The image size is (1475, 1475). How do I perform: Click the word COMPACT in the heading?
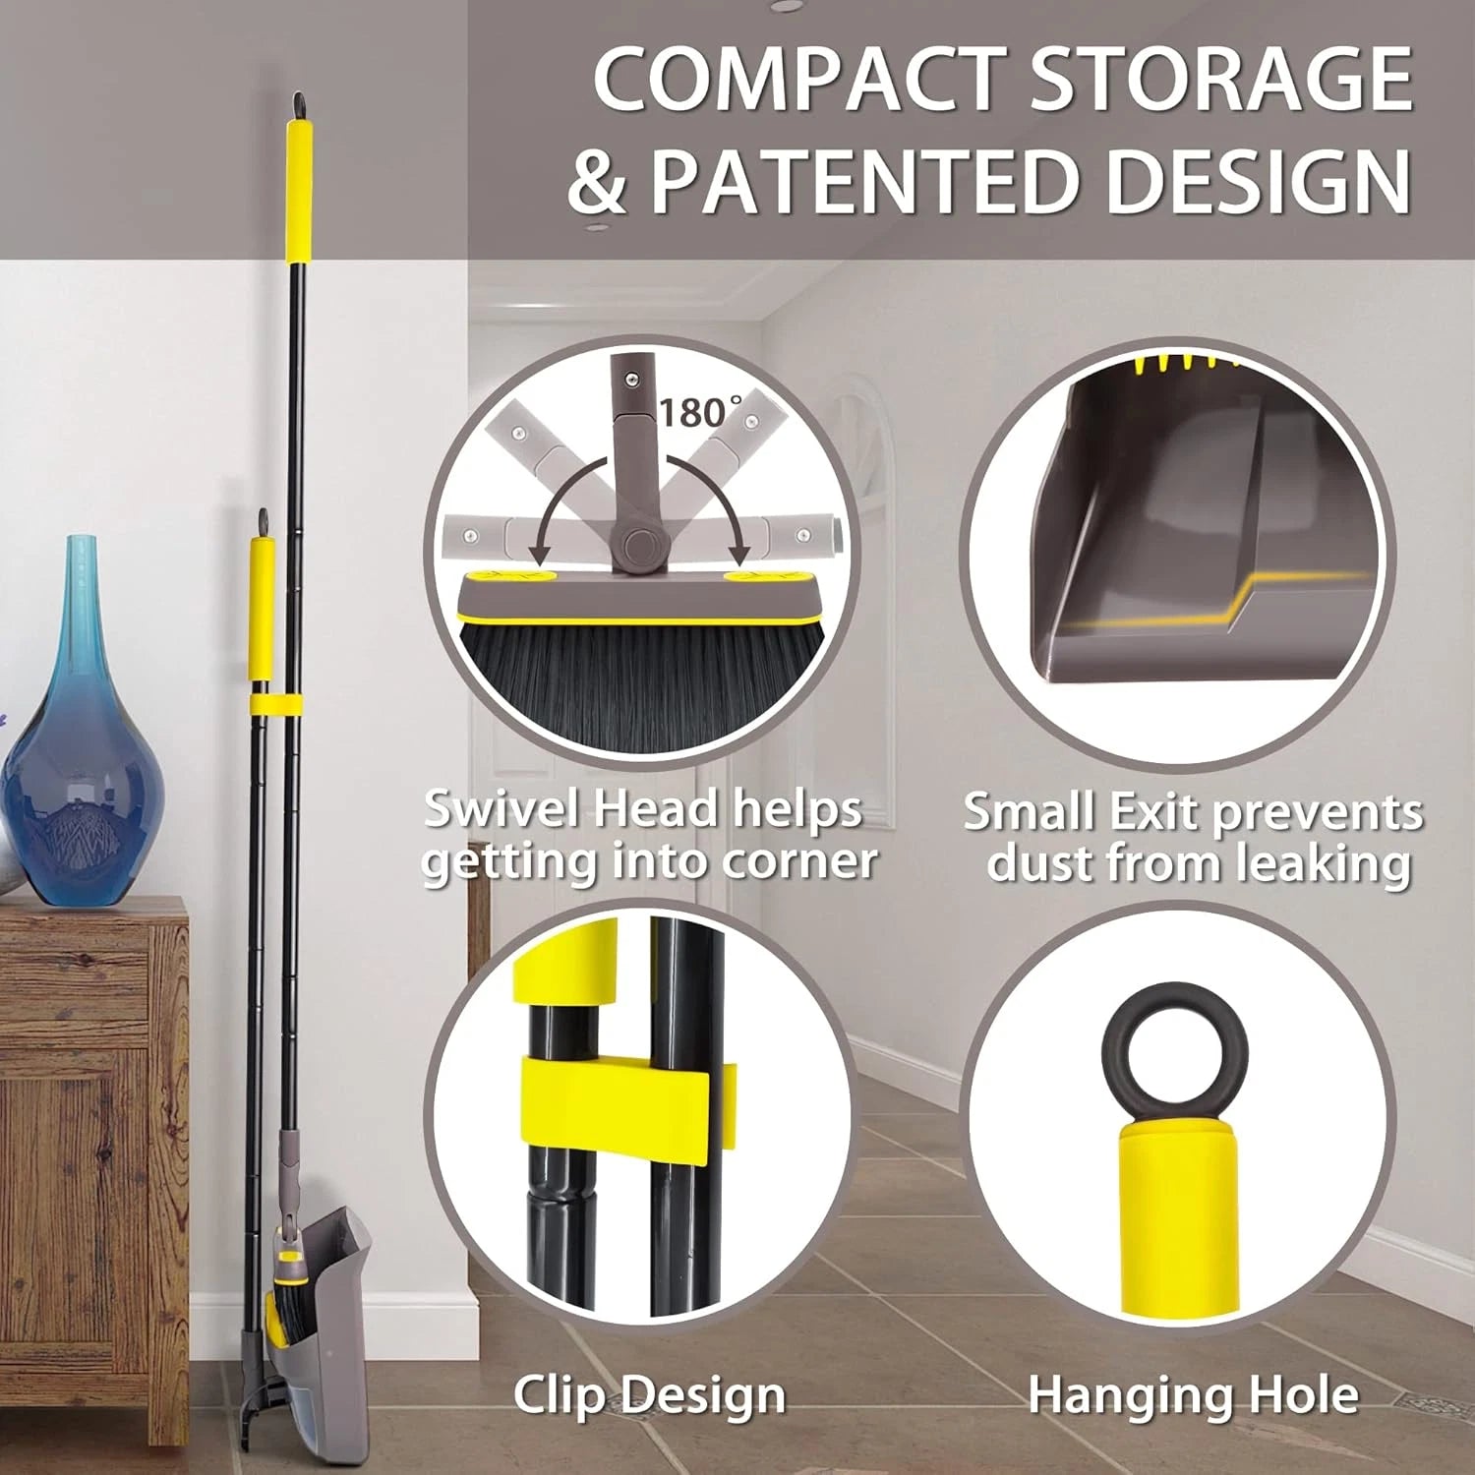coord(798,81)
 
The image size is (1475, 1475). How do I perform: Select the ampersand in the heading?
coord(597,182)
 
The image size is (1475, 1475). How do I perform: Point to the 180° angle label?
coord(700,412)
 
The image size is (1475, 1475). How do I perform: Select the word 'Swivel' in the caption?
coord(500,809)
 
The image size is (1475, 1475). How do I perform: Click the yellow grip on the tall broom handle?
coord(299,192)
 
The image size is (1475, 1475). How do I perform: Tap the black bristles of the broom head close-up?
coord(639,678)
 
